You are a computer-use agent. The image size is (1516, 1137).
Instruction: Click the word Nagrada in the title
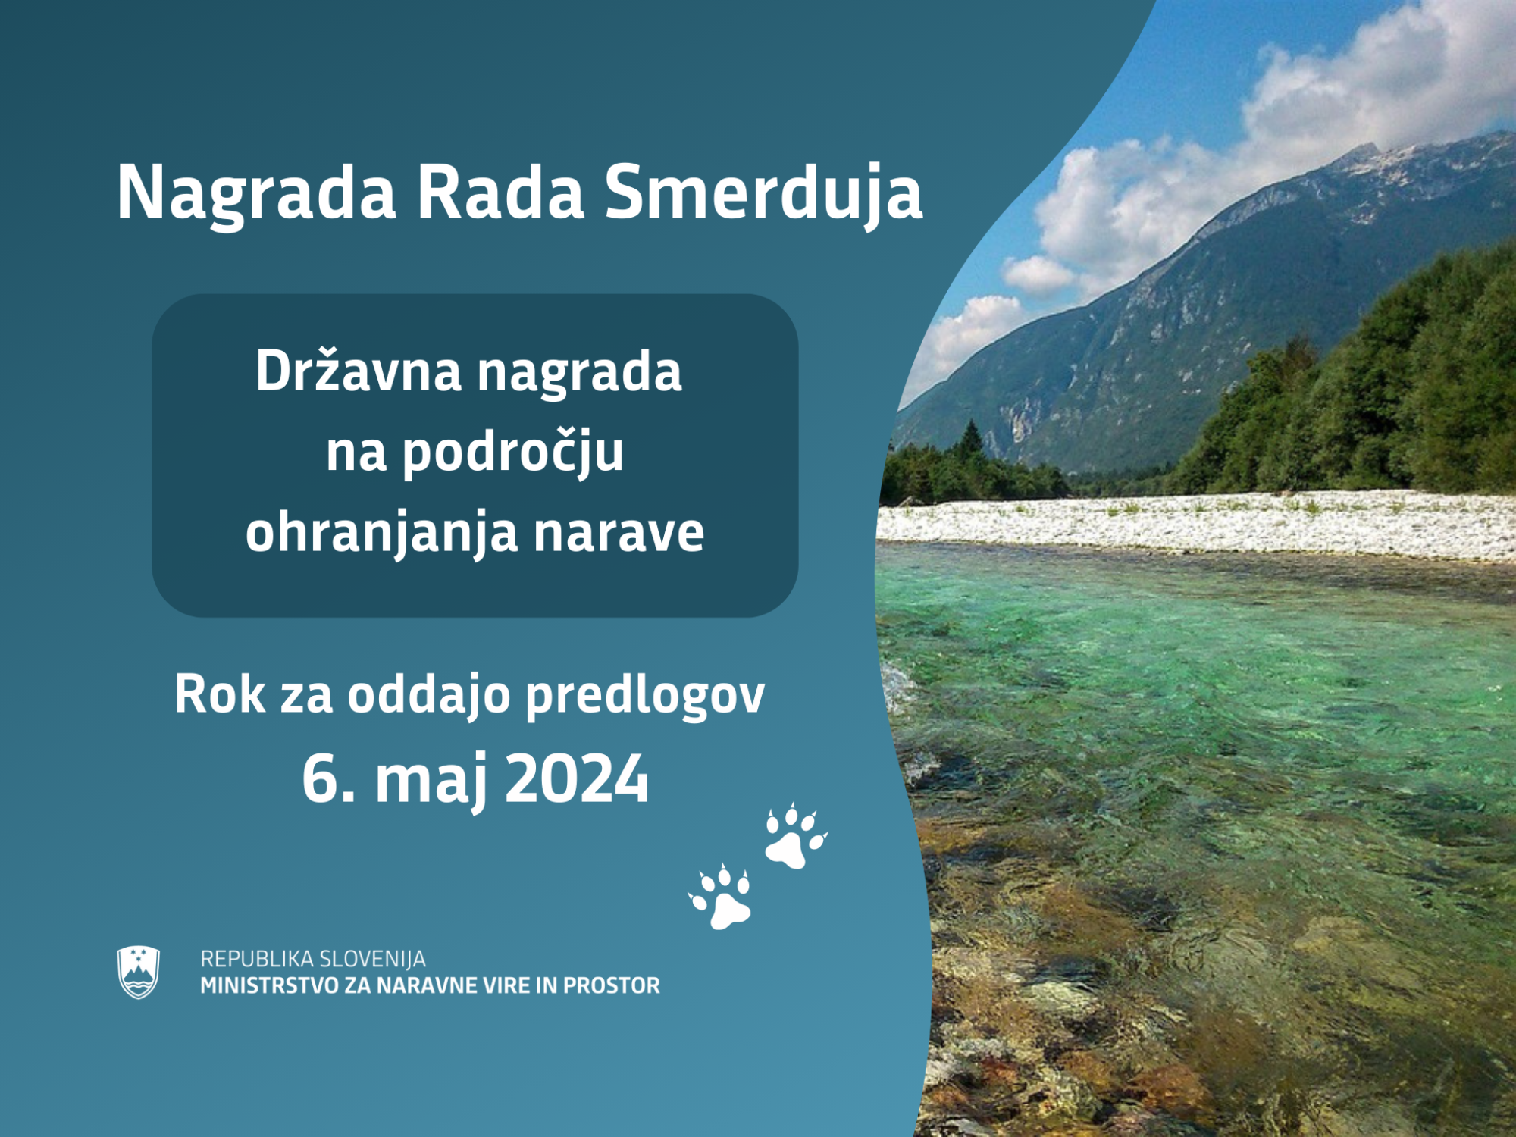point(256,193)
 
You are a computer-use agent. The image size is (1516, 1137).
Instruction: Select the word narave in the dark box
point(619,534)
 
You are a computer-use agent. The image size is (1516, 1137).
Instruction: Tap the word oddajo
point(429,694)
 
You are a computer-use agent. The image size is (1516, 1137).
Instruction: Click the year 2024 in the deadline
point(577,779)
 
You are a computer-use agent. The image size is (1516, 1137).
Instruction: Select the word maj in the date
point(431,781)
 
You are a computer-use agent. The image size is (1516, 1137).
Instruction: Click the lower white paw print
point(721,897)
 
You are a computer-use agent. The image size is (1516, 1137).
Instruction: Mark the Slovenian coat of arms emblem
point(139,972)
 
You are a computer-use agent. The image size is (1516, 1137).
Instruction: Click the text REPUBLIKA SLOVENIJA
point(313,959)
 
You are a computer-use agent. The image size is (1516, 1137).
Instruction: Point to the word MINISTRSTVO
point(268,985)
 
